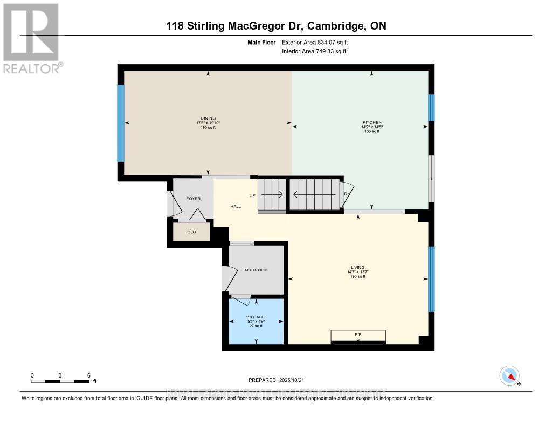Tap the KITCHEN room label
coord(372,122)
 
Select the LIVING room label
coord(358,267)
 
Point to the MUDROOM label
coord(256,270)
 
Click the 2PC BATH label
coord(256,317)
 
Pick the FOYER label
coord(193,199)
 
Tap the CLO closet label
coord(191,232)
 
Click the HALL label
coord(236,206)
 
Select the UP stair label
coord(252,195)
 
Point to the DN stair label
coord(348,194)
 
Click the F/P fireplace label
coord(358,335)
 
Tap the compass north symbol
coord(509,375)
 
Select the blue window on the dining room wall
coord(121,123)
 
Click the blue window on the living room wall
coord(431,279)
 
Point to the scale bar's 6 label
coord(88,375)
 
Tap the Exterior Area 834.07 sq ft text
coord(319,42)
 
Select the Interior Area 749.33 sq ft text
coord(314,51)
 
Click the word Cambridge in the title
coord(338,26)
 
